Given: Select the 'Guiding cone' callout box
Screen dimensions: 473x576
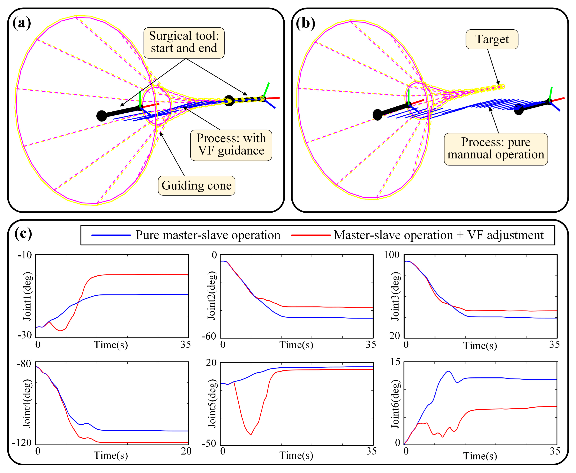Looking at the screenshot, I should (x=197, y=186).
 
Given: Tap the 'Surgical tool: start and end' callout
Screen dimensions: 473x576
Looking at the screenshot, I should (x=184, y=43).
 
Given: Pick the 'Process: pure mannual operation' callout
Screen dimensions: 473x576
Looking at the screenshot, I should (x=496, y=149).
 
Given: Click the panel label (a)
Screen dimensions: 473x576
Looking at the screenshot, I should (x=22, y=23).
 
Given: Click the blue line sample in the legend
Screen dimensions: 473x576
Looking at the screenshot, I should (x=111, y=235).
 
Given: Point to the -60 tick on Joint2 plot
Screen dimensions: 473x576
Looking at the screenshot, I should (x=209, y=336).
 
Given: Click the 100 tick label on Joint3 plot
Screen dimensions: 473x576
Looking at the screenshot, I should (x=392, y=255).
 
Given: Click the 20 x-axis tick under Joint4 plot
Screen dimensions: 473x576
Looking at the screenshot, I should (x=186, y=451).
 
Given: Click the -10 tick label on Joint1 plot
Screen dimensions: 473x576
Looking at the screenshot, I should (x=25, y=255).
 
